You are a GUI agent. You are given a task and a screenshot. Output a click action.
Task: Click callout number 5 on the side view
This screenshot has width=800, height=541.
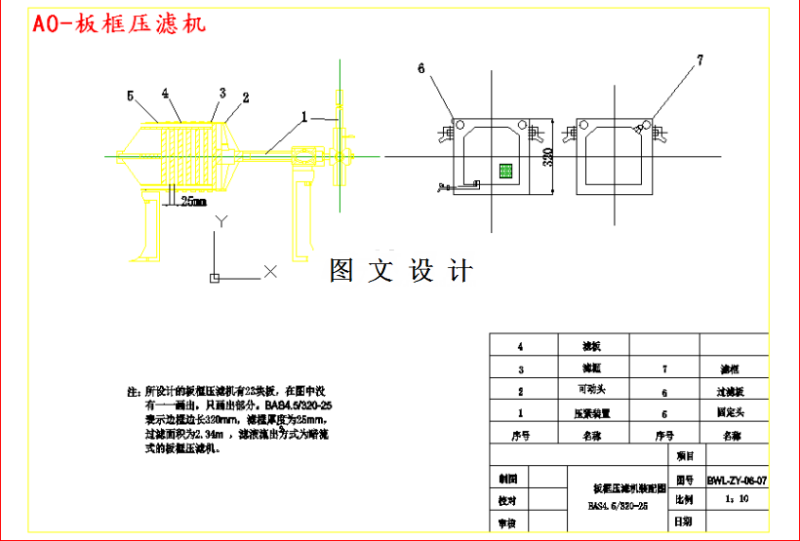(130, 96)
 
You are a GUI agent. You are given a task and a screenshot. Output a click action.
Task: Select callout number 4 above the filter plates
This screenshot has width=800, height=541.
(166, 94)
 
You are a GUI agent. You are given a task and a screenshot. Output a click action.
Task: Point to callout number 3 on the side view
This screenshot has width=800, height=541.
(222, 93)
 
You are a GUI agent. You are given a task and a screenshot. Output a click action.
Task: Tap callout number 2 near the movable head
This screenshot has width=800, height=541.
(245, 97)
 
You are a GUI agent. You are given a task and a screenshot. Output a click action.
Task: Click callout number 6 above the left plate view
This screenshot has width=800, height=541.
(421, 68)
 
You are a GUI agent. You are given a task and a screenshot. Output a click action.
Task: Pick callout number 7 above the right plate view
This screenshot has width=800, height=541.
(699, 61)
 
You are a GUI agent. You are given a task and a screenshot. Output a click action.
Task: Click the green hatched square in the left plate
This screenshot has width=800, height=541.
(505, 170)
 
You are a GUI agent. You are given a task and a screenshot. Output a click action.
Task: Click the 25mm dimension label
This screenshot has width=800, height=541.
(192, 202)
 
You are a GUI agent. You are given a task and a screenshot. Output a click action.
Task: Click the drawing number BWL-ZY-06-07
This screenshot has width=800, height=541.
(737, 480)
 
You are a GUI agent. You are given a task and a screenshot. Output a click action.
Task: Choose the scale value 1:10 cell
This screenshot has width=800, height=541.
(737, 499)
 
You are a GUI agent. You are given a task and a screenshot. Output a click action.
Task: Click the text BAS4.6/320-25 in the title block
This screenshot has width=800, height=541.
(618, 506)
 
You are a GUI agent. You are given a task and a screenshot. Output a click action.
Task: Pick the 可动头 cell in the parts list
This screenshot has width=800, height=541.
(594, 391)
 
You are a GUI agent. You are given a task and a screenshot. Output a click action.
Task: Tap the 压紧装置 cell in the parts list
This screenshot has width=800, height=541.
(594, 412)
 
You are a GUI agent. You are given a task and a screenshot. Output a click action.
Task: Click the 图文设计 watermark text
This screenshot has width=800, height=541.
(400, 270)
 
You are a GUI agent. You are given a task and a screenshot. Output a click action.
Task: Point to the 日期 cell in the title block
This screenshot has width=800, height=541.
(685, 522)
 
